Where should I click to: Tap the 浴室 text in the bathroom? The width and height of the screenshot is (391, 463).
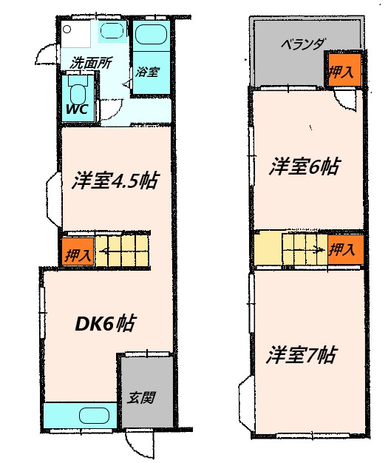pyautogui.click(x=147, y=72)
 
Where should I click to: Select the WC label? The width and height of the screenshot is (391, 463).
pyautogui.click(x=77, y=109)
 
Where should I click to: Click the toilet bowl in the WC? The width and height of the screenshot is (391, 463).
pyautogui.click(x=78, y=92)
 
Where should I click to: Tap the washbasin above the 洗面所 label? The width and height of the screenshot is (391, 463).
pyautogui.click(x=112, y=31)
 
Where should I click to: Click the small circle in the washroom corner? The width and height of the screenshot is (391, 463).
pyautogui.click(x=67, y=30)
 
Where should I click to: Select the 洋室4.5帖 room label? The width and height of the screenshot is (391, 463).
pyautogui.click(x=114, y=181)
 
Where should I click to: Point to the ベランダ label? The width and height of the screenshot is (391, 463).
pyautogui.click(x=303, y=44)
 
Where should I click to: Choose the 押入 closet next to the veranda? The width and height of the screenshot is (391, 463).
pyautogui.click(x=343, y=72)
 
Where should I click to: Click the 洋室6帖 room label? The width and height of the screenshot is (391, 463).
pyautogui.click(x=304, y=166)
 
